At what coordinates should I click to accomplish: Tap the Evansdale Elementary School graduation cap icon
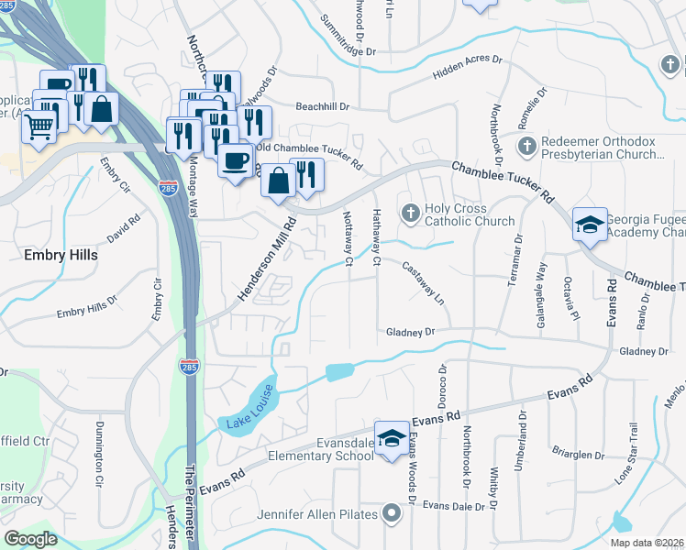coord(392,436)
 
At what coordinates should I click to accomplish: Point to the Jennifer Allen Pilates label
coord(317,514)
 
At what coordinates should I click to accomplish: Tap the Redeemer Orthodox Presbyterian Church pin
coord(526,146)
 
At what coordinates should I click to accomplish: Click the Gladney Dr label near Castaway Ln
coord(409,331)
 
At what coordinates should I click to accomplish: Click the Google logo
coord(31,539)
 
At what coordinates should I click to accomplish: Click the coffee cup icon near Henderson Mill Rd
coord(236,160)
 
